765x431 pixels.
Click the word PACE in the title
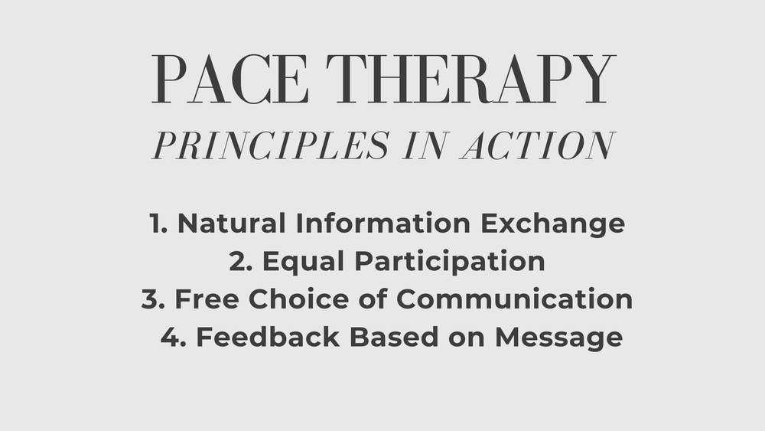[229, 79]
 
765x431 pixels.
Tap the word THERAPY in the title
[470, 79]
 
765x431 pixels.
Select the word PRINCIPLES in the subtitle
[271, 145]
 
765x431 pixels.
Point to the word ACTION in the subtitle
[538, 145]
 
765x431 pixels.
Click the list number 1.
[158, 223]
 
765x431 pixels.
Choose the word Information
[383, 223]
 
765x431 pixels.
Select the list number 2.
[240, 261]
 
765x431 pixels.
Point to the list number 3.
[153, 299]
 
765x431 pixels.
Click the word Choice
[298, 299]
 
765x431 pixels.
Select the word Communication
[514, 299]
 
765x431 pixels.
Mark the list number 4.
[173, 338]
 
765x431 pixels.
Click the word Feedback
[268, 338]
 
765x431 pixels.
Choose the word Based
[394, 338]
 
